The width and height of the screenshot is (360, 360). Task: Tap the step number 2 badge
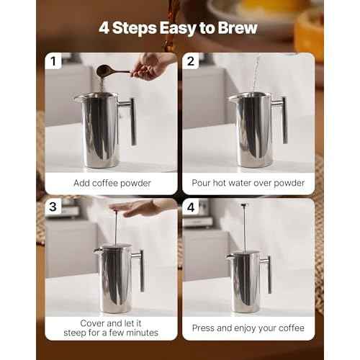click(191, 61)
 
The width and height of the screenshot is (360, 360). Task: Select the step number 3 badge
click(53, 207)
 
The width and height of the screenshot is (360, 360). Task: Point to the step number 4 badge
click(191, 207)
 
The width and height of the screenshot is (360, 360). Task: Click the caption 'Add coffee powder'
click(112, 183)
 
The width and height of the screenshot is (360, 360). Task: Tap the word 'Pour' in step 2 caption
click(203, 183)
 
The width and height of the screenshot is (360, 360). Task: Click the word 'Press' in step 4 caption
click(206, 328)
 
